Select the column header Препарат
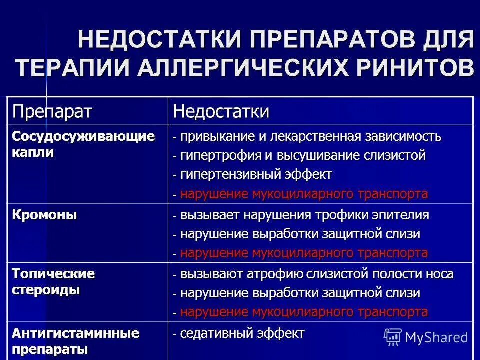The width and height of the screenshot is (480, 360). click(52, 111)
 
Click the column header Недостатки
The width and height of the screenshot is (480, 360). click(221, 111)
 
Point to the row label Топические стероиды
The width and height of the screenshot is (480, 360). click(53, 282)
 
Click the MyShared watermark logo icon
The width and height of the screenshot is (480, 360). click(392, 337)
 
